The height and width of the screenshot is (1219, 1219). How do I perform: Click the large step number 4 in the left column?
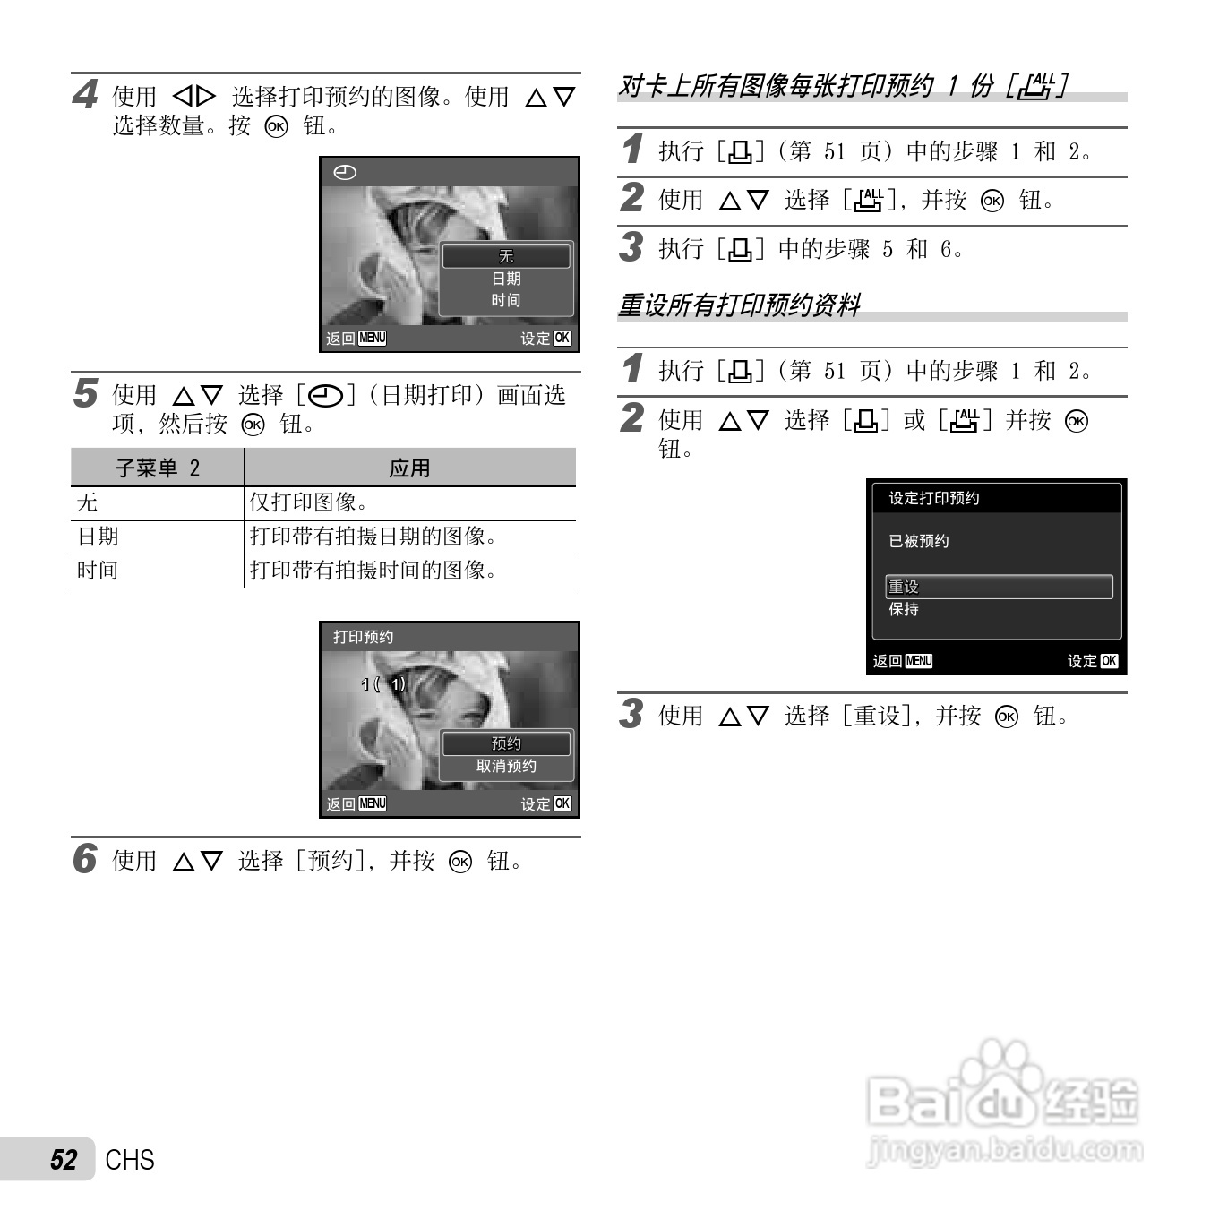click(x=85, y=94)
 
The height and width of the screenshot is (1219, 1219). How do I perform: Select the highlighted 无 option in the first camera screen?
click(x=506, y=256)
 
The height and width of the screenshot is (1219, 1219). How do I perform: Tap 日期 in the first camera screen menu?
click(x=506, y=279)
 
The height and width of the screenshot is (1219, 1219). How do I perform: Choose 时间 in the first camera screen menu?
click(x=506, y=300)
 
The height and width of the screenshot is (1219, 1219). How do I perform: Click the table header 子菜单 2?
click(x=158, y=468)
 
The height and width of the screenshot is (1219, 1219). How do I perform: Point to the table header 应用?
click(x=409, y=468)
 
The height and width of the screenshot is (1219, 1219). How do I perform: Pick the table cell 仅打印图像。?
click(x=309, y=502)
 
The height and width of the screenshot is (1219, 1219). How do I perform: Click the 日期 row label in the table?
click(x=98, y=537)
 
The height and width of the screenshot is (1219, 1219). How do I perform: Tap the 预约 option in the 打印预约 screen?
click(x=506, y=743)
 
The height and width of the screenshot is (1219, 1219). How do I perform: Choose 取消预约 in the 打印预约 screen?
click(x=506, y=766)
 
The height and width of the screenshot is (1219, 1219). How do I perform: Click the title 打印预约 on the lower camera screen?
click(x=363, y=637)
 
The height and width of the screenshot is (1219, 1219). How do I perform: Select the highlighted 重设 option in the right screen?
click(x=904, y=587)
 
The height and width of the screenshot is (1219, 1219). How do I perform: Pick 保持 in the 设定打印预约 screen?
click(x=904, y=609)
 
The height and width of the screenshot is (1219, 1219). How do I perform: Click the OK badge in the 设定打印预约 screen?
click(x=1109, y=661)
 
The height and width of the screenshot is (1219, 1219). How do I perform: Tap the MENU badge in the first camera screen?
click(x=372, y=338)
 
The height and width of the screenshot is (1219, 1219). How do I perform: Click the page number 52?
click(x=64, y=1160)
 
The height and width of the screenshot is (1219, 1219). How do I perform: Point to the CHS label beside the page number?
click(x=130, y=1160)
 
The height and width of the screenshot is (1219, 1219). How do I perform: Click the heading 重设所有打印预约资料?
click(x=740, y=305)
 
